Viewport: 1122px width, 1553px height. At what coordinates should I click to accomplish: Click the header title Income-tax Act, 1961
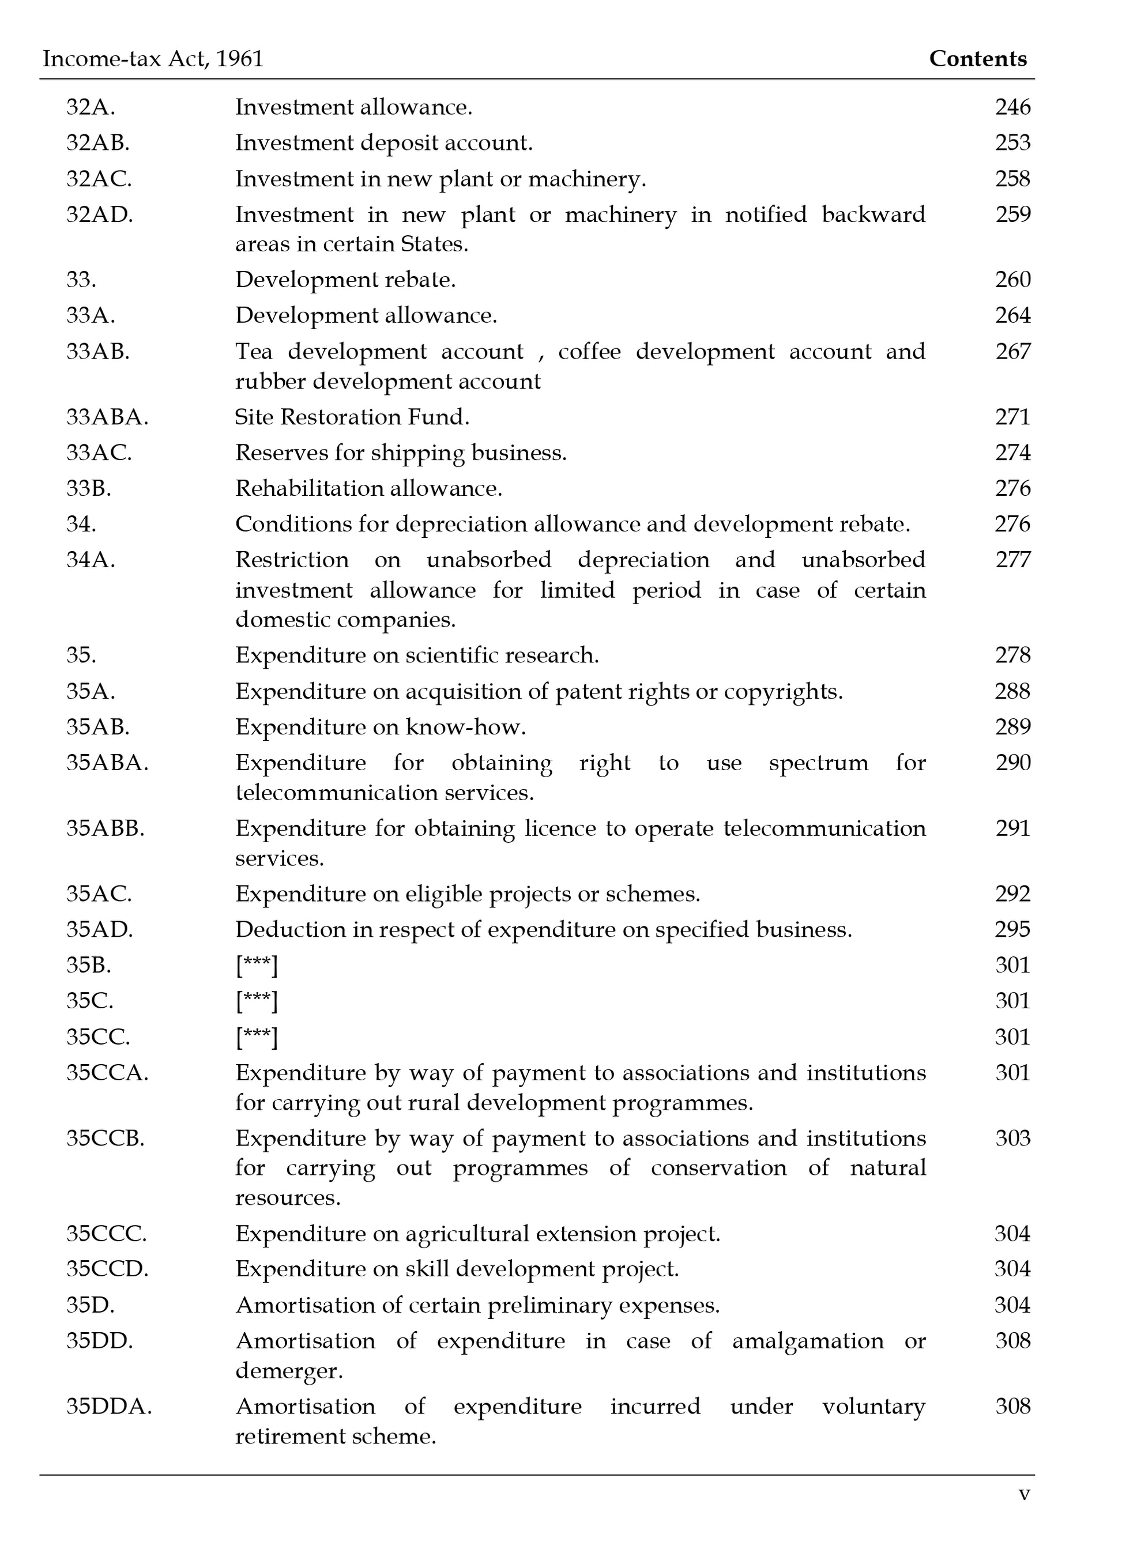pyautogui.click(x=153, y=59)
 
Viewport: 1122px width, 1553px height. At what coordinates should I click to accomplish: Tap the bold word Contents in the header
pyautogui.click(x=977, y=59)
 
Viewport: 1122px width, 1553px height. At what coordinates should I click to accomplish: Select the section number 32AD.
pyautogui.click(x=99, y=214)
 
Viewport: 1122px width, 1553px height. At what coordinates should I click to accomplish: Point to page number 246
pyautogui.click(x=1012, y=107)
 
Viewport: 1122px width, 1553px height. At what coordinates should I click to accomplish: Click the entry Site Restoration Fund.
pyautogui.click(x=352, y=417)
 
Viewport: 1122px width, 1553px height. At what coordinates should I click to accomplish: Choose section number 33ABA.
pyautogui.click(x=107, y=417)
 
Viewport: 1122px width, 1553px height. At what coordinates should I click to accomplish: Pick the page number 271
pyautogui.click(x=1012, y=417)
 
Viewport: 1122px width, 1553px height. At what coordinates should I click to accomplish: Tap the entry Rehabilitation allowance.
pyautogui.click(x=368, y=488)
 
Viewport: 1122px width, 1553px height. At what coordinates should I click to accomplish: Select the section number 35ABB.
pyautogui.click(x=106, y=828)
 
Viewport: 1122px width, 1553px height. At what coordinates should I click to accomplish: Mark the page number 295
pyautogui.click(x=1012, y=929)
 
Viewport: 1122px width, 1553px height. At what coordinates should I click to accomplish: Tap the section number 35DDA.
pyautogui.click(x=109, y=1407)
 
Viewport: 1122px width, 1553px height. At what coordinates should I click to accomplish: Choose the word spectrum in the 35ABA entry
pyautogui.click(x=818, y=763)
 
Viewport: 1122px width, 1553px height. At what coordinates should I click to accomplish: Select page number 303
pyautogui.click(x=1012, y=1138)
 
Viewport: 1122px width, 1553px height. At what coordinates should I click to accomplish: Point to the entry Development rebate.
pyautogui.click(x=345, y=280)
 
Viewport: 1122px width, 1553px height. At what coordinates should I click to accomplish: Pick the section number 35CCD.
pyautogui.click(x=107, y=1269)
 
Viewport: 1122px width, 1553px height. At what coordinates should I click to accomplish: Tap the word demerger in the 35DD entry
pyautogui.click(x=288, y=1371)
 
